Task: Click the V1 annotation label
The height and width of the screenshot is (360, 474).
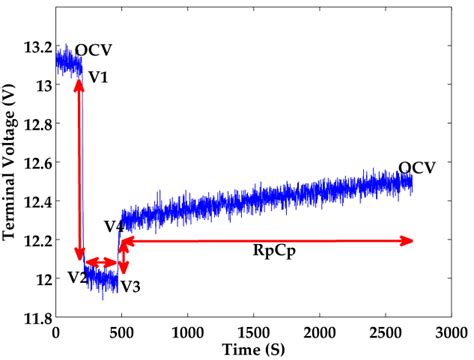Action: click(100, 76)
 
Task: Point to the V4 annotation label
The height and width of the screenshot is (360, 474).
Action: click(113, 228)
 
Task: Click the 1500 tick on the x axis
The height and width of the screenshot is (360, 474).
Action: click(254, 332)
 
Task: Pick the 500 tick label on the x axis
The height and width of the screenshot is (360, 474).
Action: click(121, 332)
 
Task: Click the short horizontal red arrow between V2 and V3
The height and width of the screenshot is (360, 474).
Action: click(101, 264)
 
